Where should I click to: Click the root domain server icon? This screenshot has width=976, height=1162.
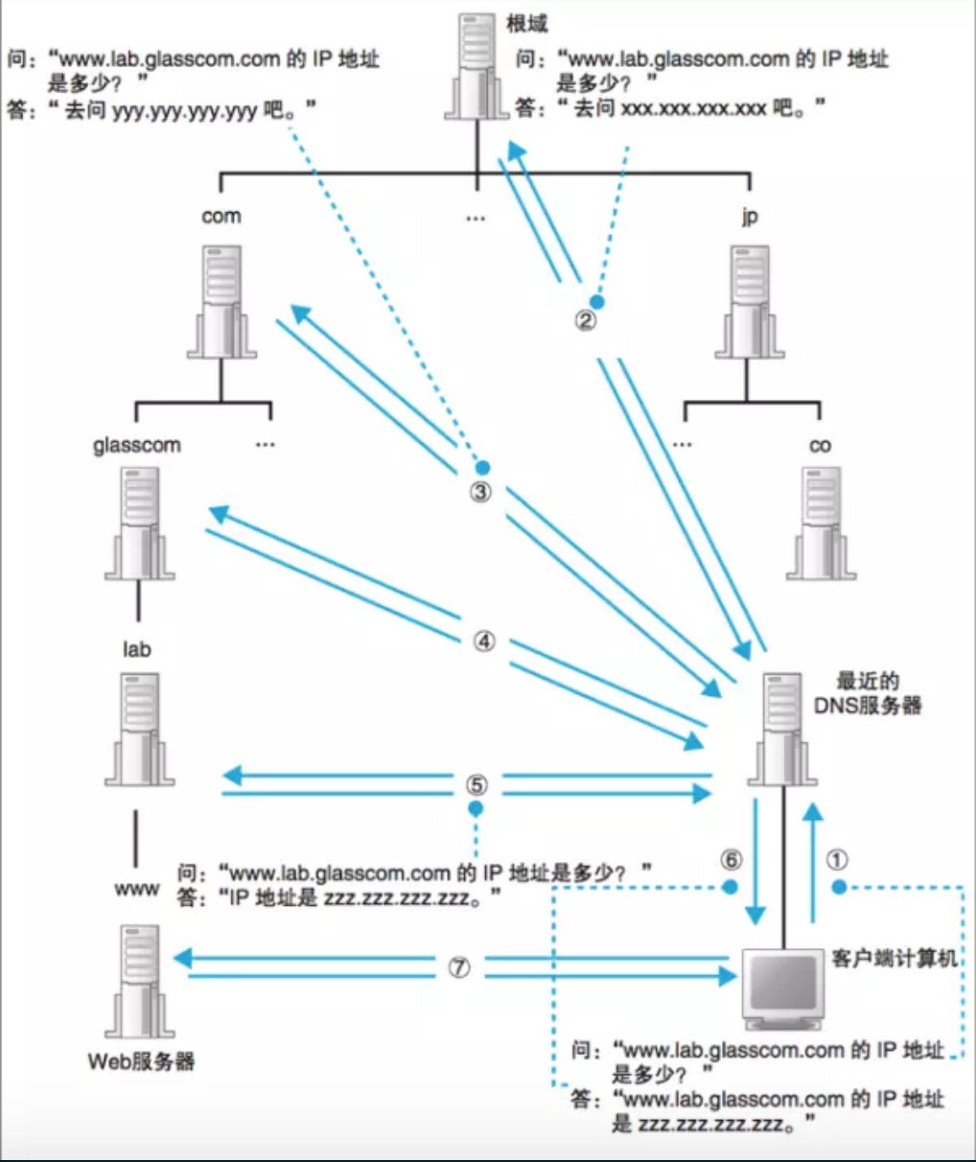[x=476, y=68]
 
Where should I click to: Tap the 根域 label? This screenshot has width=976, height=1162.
[x=527, y=23]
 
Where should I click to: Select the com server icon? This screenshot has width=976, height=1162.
[x=221, y=301]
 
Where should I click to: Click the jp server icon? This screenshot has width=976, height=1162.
[x=750, y=301]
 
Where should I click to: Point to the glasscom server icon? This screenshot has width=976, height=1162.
[x=139, y=523]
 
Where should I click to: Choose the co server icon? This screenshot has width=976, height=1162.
[x=821, y=523]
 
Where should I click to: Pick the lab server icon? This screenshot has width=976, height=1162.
[x=139, y=729]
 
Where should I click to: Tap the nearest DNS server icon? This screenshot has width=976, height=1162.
[x=782, y=729]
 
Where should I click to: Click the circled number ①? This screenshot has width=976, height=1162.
[x=837, y=860]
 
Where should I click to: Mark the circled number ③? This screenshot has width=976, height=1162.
[x=480, y=493]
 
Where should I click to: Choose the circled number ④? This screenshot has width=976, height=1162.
[x=484, y=641]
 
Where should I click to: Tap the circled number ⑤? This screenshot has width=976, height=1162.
[x=476, y=785]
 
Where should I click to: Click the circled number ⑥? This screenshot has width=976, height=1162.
[x=731, y=860]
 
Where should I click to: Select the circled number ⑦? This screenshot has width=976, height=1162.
[x=459, y=967]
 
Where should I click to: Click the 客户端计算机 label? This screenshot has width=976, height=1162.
[x=894, y=958]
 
